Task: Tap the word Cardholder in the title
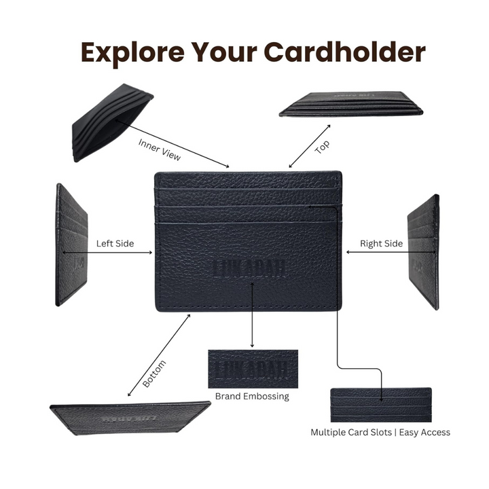click(344, 53)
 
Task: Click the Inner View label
click(160, 149)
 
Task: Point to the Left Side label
click(115, 243)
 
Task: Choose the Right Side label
click(381, 243)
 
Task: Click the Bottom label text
click(154, 374)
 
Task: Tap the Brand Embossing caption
click(252, 396)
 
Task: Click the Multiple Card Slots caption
click(380, 432)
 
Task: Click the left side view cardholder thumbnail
click(71, 244)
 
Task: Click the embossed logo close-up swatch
click(253, 368)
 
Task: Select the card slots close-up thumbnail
click(380, 405)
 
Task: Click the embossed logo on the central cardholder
click(249, 268)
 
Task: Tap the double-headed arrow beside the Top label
click(310, 146)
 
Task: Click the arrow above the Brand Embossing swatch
click(253, 316)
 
